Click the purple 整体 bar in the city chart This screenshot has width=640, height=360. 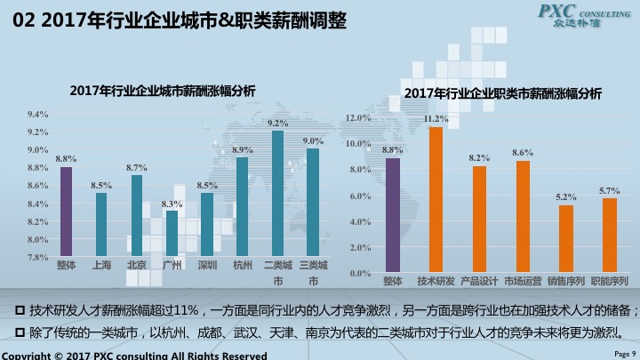[x=66, y=212]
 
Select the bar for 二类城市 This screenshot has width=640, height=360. [x=277, y=194]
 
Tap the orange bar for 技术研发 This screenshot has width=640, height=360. [x=436, y=199]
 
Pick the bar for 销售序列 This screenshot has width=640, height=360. [x=566, y=238]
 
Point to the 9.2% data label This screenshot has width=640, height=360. [x=277, y=124]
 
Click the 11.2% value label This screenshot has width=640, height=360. [x=436, y=118]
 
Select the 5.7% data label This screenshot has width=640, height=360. [x=610, y=190]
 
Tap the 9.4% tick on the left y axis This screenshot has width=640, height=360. [x=37, y=114]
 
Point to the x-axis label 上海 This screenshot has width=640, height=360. [x=101, y=265]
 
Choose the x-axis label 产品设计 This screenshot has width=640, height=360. [x=479, y=281]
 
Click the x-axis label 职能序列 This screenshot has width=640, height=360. [x=610, y=281]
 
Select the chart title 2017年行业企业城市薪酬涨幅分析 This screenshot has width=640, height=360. [x=163, y=90]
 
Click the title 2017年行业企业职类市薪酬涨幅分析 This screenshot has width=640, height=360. [x=502, y=93]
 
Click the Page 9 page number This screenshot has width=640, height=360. [x=626, y=353]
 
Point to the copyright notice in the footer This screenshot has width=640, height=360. [x=133, y=355]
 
